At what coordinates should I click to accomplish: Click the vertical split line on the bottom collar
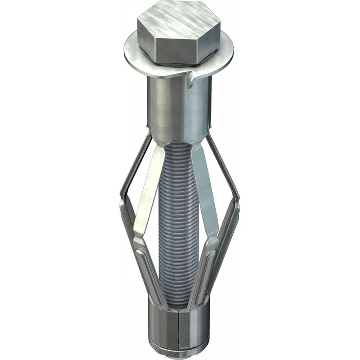[179, 328]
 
